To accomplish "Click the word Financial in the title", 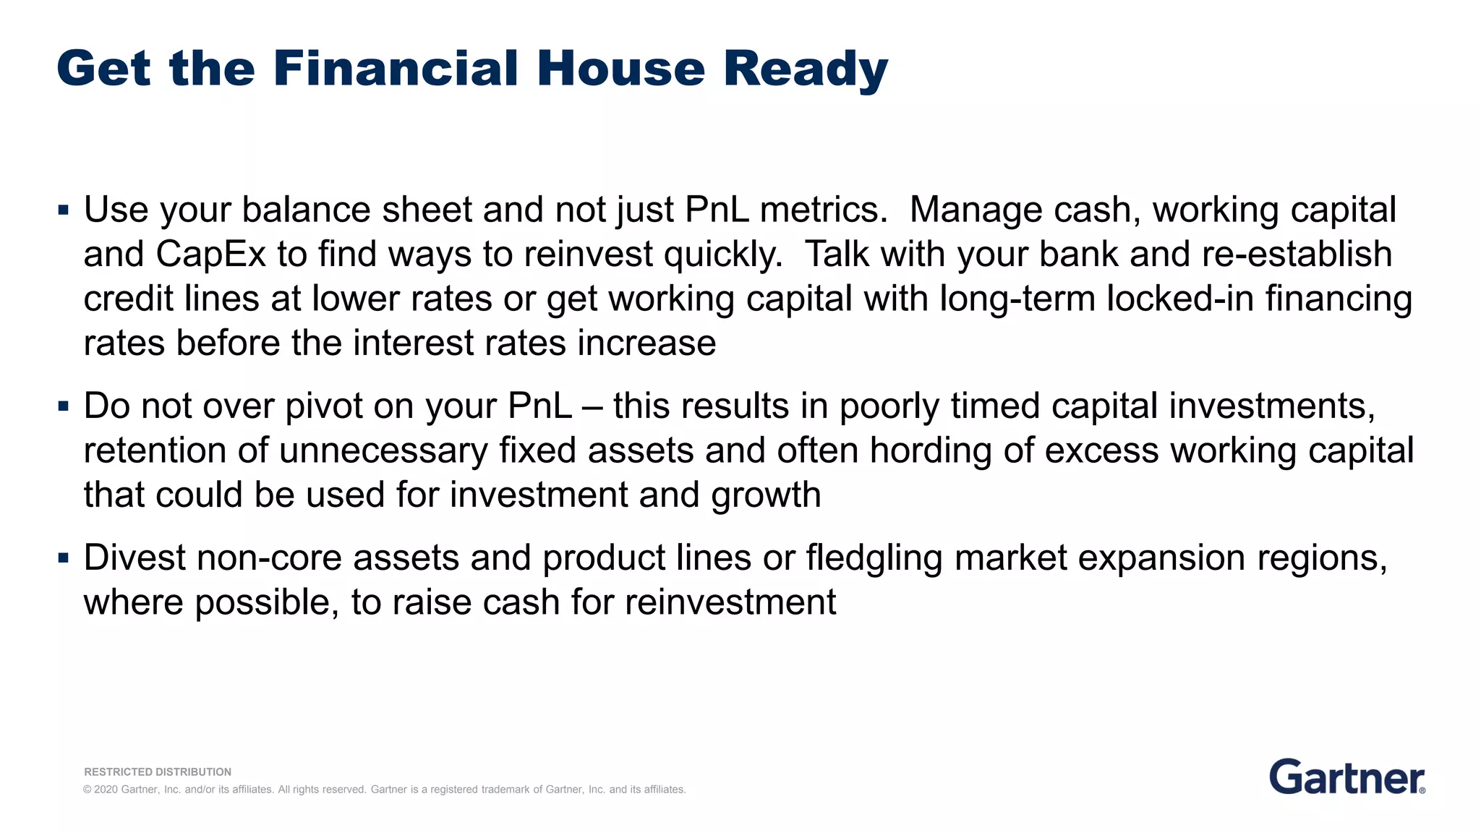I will point(395,69).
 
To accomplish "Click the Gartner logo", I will point(1346,777).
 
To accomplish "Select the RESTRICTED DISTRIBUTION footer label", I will point(158,772).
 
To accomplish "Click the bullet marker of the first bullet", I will point(64,211).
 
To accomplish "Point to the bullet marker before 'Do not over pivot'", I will point(64,407).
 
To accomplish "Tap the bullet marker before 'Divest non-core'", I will point(64,559).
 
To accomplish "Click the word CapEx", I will point(210,255).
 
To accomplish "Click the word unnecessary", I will point(383,450).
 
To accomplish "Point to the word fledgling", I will point(874,558).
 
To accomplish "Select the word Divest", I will point(134,558).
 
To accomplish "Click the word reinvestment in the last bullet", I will point(730,602).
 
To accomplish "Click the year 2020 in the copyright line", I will point(106,790).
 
